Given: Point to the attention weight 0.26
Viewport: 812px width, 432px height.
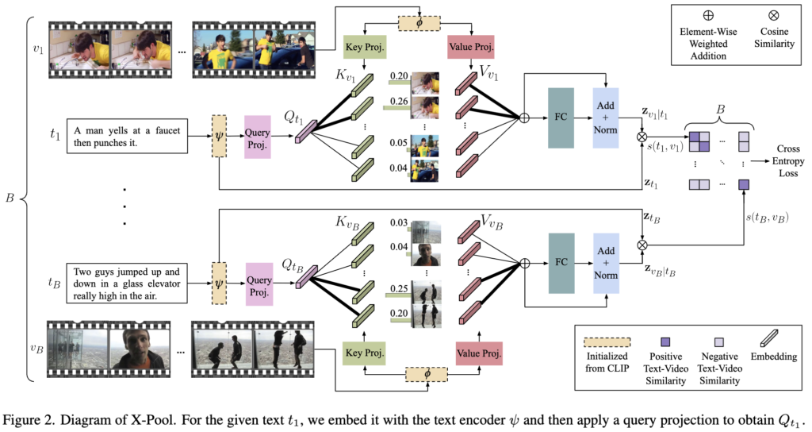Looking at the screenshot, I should (x=400, y=101).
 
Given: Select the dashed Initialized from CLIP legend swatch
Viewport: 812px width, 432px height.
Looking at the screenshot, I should (x=608, y=341).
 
